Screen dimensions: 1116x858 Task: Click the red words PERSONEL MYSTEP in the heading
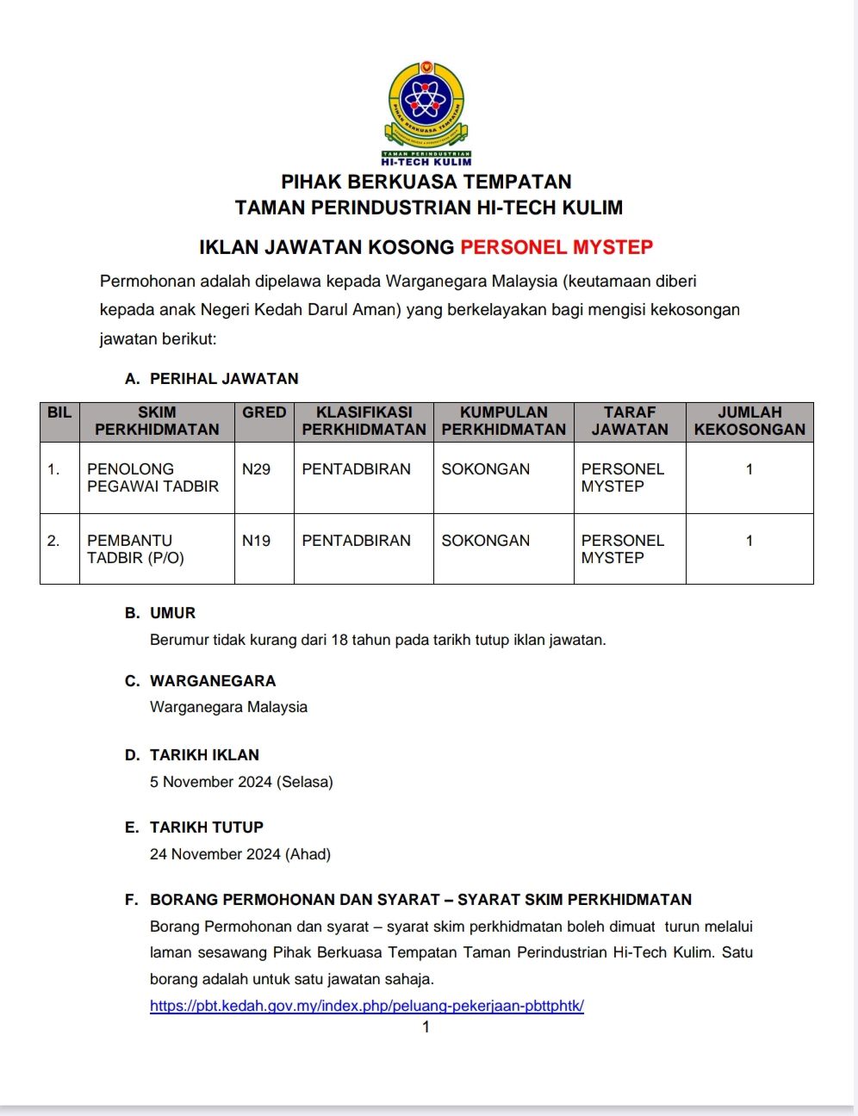click(x=556, y=247)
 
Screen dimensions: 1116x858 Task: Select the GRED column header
click(x=264, y=412)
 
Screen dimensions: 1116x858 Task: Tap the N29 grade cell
click(x=256, y=469)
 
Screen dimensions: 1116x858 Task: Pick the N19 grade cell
click(x=256, y=541)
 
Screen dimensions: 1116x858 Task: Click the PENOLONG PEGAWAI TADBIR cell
click(x=152, y=478)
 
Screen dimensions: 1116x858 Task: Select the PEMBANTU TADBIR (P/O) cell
click(x=135, y=549)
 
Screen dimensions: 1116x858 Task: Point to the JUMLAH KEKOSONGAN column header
click(x=749, y=421)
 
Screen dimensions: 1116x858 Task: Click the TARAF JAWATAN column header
click(x=630, y=421)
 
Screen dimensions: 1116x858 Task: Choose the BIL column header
click(x=59, y=412)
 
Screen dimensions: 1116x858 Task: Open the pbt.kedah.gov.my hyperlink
click(x=367, y=1006)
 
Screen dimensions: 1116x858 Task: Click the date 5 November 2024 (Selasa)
click(x=241, y=782)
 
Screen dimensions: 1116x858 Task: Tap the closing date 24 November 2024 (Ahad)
click(x=240, y=854)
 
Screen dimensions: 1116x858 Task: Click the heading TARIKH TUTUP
click(x=207, y=828)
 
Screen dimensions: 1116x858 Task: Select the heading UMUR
click(x=173, y=613)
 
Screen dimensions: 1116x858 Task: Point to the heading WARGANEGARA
click(x=213, y=681)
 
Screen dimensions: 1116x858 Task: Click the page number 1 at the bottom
click(x=426, y=1026)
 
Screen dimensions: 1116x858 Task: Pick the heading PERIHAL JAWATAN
click(x=224, y=379)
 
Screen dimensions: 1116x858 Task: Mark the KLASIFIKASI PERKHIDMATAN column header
click(x=364, y=421)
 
